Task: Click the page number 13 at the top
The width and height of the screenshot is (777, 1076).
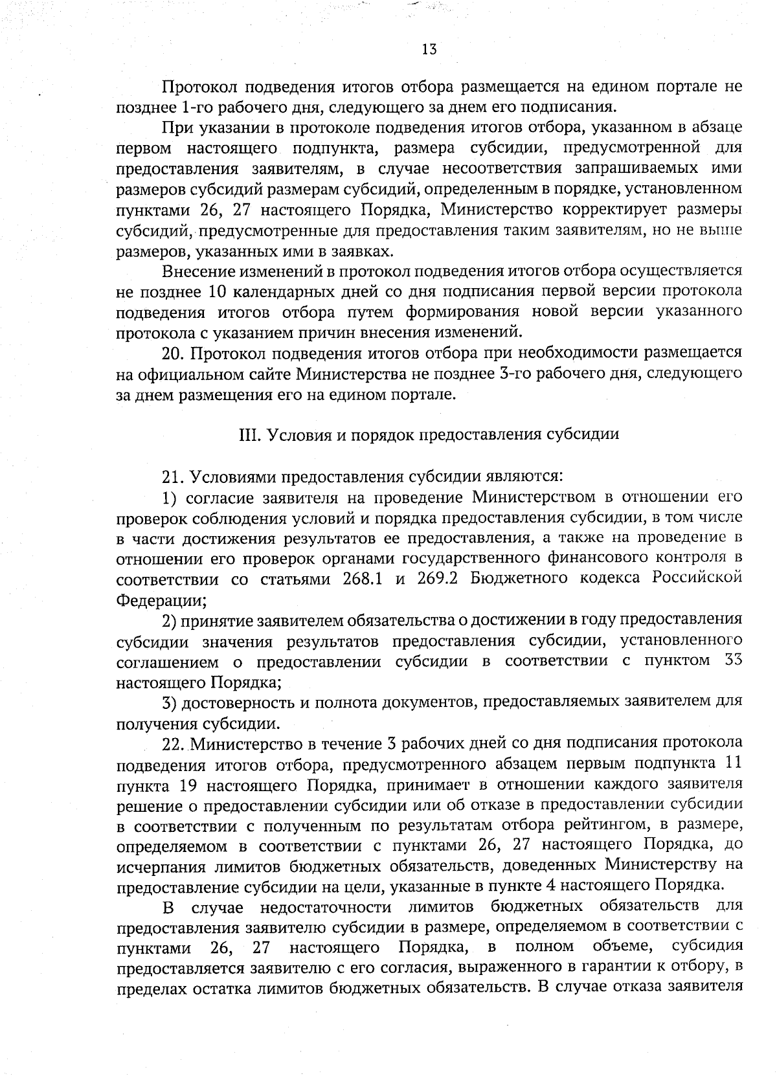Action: (429, 49)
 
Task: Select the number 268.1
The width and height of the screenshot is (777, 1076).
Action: (363, 579)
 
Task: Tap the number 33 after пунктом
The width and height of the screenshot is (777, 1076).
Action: (731, 661)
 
